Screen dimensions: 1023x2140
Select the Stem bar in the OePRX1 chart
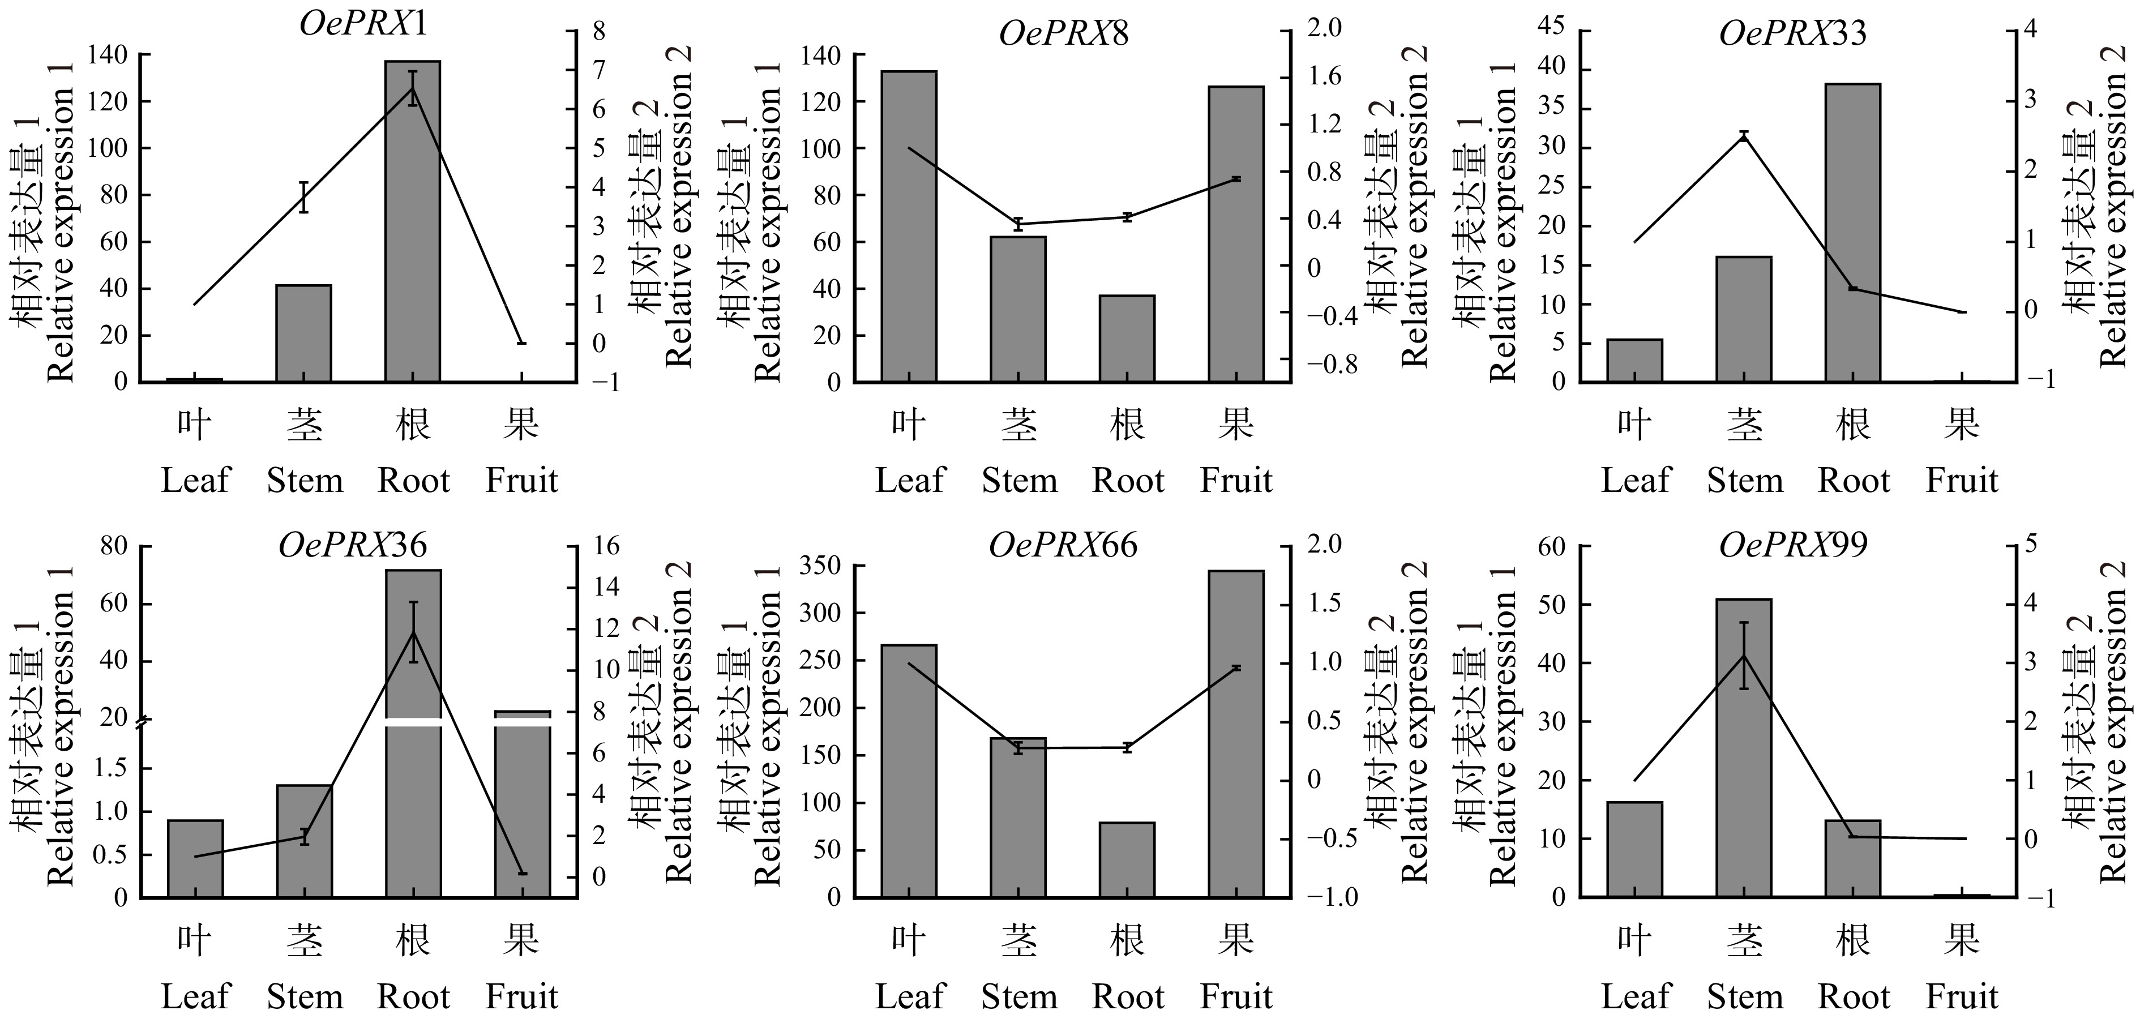304,332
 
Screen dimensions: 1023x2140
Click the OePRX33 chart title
1794,33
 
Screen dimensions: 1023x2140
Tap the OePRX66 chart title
1063,546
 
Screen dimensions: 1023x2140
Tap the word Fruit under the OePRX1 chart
522,480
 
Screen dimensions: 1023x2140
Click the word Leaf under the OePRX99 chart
1635,996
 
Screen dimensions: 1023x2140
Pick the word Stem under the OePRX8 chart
1019,480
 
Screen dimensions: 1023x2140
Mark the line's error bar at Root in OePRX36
413,632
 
